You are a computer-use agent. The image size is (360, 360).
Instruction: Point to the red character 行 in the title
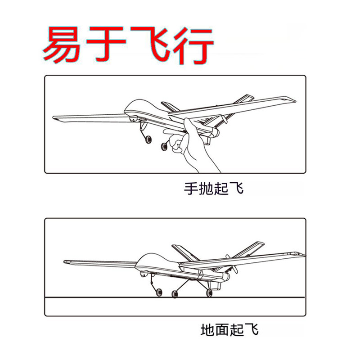point(193,45)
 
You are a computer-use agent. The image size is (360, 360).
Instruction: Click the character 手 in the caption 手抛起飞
point(191,189)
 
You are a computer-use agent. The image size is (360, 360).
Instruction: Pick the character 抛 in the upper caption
point(206,189)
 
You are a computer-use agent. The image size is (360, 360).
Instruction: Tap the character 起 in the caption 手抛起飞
point(221,189)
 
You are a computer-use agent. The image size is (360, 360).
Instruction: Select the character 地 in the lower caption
point(208,330)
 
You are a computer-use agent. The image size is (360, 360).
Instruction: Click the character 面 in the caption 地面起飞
point(222,330)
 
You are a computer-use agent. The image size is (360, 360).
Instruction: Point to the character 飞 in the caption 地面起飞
point(252,330)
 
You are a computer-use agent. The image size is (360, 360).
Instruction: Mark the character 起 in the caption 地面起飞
point(237,330)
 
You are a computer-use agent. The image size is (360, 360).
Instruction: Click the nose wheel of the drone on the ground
point(159,292)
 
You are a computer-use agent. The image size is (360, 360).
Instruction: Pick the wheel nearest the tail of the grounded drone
point(209,292)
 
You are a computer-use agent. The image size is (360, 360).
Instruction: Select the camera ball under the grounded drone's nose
point(144,274)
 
